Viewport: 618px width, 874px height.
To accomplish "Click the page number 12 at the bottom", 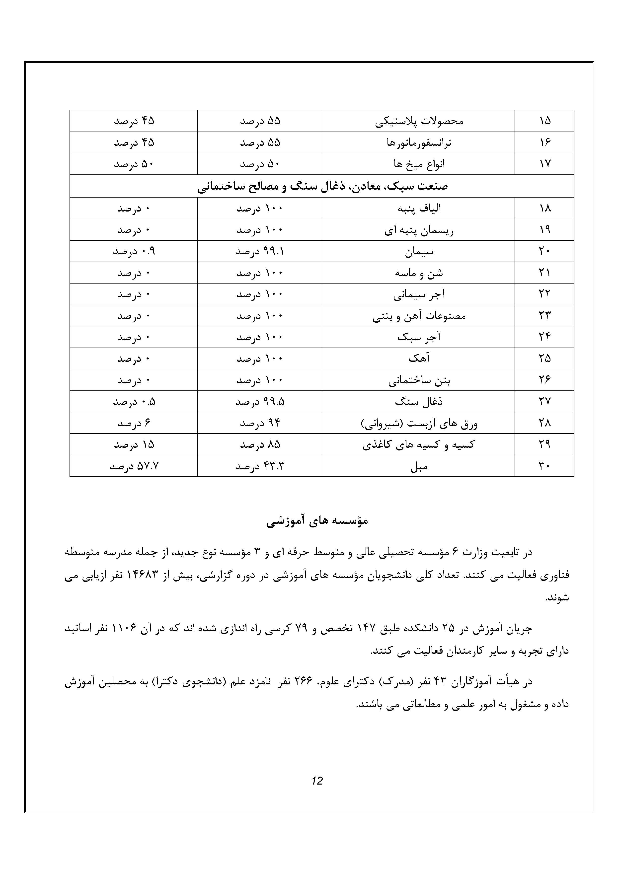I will (x=317, y=781).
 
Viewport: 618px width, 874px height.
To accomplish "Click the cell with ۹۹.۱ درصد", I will (x=260, y=251).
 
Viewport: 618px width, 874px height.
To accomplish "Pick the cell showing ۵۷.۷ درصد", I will (x=134, y=466).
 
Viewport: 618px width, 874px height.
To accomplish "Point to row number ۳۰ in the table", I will (x=544, y=466).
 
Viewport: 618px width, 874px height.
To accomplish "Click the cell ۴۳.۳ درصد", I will (x=260, y=466).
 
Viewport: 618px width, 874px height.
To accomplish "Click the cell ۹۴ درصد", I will (x=260, y=423).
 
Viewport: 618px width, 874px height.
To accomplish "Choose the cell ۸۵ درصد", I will (x=260, y=445).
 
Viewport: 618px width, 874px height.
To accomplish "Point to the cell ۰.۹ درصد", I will (x=134, y=251).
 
